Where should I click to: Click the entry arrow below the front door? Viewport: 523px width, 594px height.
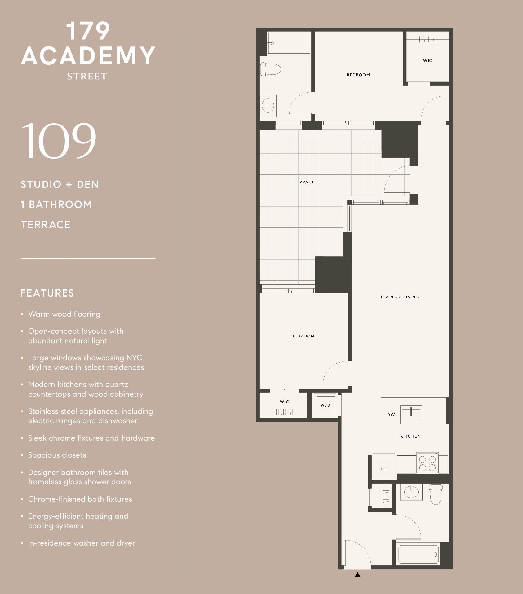(357, 574)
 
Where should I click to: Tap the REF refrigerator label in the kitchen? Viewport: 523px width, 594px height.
(384, 469)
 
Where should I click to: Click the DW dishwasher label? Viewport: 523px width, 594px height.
(391, 415)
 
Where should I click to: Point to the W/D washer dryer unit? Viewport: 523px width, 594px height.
(325, 405)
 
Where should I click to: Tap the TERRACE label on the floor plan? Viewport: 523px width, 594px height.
(304, 182)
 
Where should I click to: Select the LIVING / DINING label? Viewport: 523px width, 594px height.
(400, 297)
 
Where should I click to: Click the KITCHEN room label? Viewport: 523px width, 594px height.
(410, 436)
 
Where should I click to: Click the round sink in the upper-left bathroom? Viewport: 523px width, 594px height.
(268, 106)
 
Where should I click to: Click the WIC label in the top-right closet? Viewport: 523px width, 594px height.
(428, 60)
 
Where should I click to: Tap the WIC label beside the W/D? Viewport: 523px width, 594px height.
(284, 402)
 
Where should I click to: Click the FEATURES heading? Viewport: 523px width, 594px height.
(47, 293)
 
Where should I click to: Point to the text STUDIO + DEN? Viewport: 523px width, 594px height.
(60, 184)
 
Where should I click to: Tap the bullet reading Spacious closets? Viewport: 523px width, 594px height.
(57, 455)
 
